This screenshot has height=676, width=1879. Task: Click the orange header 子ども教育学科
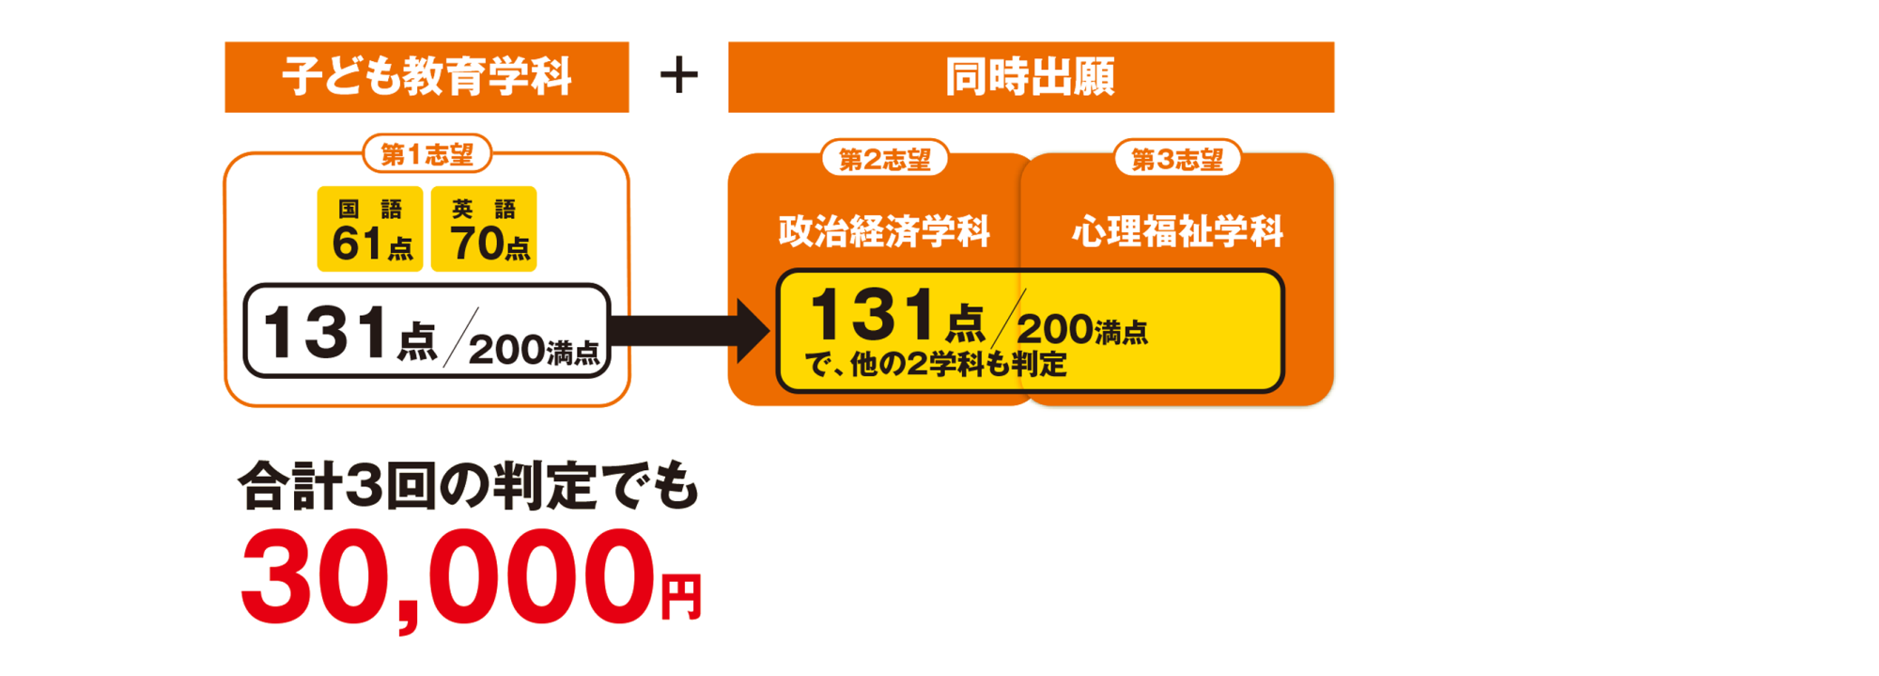point(427,77)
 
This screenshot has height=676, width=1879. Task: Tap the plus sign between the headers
point(679,75)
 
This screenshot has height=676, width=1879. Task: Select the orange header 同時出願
point(1031,77)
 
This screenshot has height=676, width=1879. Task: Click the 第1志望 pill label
point(427,154)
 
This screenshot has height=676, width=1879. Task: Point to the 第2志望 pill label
point(884,160)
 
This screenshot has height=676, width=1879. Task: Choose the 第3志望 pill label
point(1177,160)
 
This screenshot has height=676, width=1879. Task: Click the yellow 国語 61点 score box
point(370,229)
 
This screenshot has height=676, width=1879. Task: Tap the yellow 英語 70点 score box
point(484,229)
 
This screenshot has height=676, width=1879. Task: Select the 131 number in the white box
point(325,332)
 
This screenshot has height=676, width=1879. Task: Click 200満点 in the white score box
point(533,351)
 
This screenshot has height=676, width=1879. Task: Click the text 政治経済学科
point(884,231)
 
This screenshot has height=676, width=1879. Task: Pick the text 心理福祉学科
point(1177,231)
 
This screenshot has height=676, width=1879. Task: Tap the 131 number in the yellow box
point(871,315)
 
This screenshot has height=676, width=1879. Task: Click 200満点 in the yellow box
point(1081,330)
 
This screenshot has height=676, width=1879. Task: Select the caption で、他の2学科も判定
point(936,364)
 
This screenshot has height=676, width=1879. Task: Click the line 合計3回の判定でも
point(468,487)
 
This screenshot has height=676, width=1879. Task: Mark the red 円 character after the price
point(681,598)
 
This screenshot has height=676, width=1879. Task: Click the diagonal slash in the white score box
point(461,336)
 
